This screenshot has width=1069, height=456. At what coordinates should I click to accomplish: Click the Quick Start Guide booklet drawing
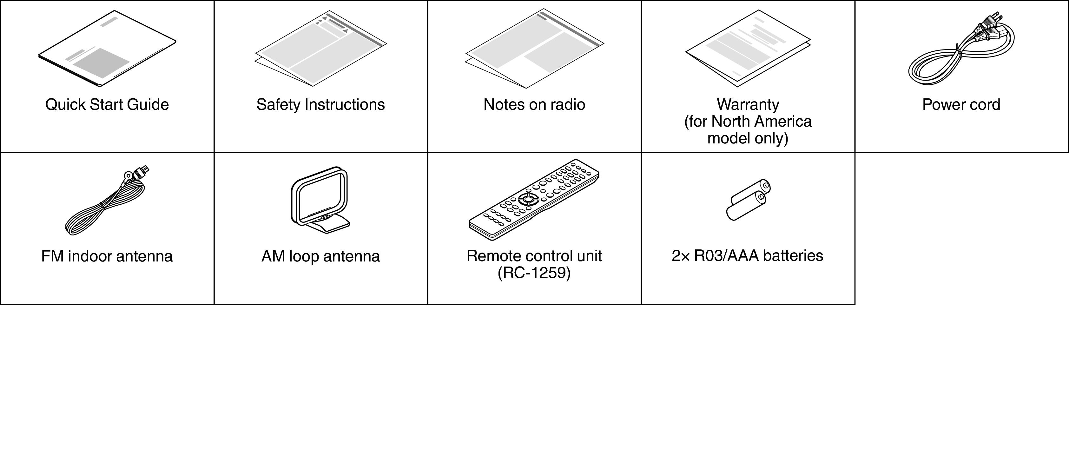point(107,49)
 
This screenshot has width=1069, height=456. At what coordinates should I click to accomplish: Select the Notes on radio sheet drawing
point(534,49)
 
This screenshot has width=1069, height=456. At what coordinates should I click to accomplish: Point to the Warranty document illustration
point(748,49)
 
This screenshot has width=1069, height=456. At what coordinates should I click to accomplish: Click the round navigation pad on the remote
point(528,199)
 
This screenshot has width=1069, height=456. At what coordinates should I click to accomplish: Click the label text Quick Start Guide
point(107,105)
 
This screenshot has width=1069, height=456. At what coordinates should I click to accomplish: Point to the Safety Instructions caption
point(320,105)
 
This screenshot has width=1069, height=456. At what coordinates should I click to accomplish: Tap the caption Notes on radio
point(534,105)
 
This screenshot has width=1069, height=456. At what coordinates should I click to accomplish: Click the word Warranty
point(748,105)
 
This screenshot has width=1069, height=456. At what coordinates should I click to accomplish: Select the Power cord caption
point(961,105)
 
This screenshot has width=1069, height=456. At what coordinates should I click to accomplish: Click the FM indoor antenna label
point(107,256)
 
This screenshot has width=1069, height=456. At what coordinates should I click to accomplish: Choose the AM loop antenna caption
point(320,256)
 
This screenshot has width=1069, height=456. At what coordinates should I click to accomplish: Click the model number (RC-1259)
point(534,273)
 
